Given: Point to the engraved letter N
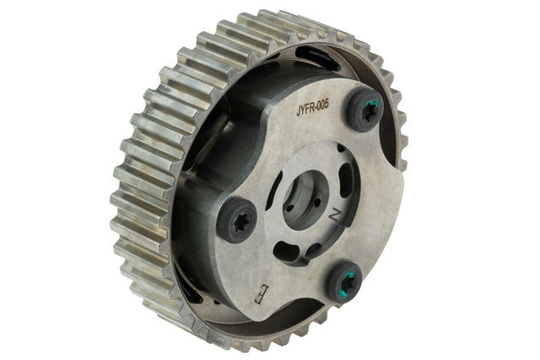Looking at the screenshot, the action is [x=334, y=216].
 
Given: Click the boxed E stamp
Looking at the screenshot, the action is [x=261, y=293].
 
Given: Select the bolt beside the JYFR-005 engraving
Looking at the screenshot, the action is [x=364, y=110].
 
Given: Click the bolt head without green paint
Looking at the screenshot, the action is [x=237, y=219].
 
